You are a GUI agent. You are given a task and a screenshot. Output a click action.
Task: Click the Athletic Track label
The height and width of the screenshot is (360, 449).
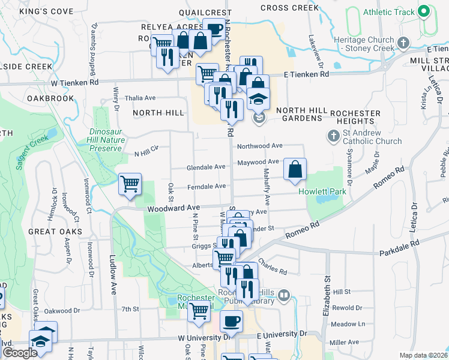(x=389, y=12)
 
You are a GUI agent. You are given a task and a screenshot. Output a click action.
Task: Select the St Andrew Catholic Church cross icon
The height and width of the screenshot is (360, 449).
(x=334, y=136)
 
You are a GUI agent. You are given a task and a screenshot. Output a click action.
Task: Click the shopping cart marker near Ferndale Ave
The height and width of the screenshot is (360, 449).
(x=130, y=184)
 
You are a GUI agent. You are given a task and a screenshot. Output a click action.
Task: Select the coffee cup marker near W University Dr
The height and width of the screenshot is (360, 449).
(x=231, y=321)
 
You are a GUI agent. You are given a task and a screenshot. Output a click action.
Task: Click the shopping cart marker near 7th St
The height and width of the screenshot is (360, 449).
(x=199, y=311)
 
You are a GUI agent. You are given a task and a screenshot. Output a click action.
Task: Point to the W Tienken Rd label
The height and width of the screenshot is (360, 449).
(x=74, y=82)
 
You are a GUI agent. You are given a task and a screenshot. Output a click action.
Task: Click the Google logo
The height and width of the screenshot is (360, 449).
(x=20, y=353)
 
